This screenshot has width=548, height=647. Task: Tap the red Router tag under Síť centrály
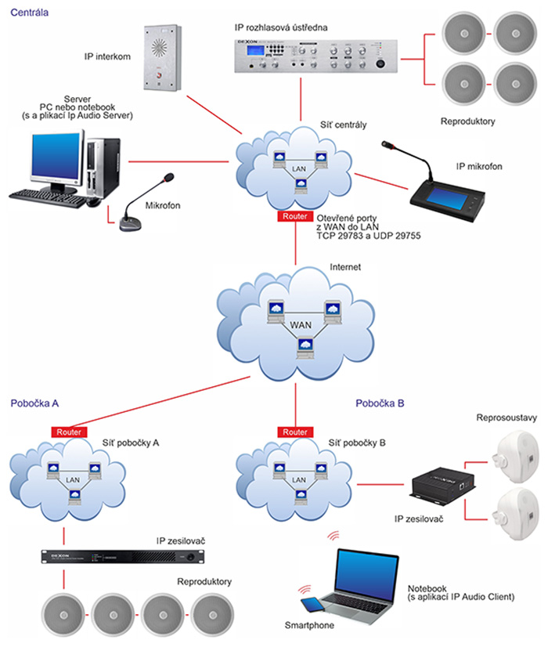tap(295, 215)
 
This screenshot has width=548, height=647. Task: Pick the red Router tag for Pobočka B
tap(295, 432)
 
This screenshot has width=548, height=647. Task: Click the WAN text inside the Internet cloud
tap(301, 324)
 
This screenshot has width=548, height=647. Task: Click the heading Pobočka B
tap(380, 404)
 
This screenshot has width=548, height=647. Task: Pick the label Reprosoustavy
tap(507, 417)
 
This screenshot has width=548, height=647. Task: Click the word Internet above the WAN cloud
tap(345, 267)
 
